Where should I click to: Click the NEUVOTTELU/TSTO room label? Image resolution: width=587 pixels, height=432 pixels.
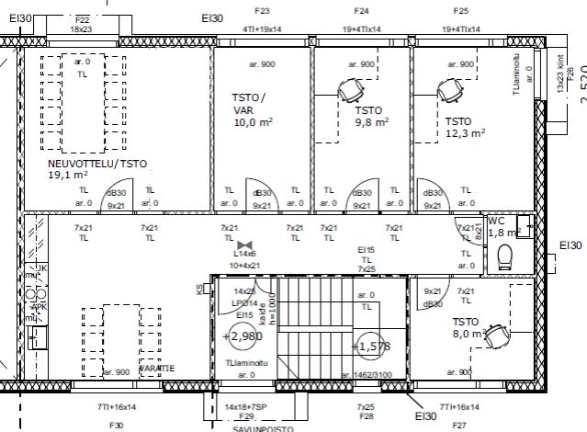pyautogui.click(x=97, y=165)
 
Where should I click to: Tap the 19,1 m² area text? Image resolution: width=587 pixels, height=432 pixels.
pyautogui.click(x=68, y=175)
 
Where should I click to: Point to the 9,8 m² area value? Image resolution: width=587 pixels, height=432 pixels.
pyautogui.click(x=371, y=120)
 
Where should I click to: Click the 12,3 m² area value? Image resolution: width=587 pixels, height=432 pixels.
pyautogui.click(x=464, y=132)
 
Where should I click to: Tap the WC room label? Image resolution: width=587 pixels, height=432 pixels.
pyautogui.click(x=497, y=222)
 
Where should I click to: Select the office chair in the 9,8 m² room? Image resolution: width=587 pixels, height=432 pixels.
pyautogui.click(x=348, y=90)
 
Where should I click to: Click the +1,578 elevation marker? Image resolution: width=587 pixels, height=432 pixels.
pyautogui.click(x=370, y=346)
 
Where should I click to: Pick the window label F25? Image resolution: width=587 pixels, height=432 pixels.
pyautogui.click(x=461, y=11)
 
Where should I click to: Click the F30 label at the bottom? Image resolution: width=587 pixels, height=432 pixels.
pyautogui.click(x=116, y=425)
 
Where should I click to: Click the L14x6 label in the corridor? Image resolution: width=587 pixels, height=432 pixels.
pyautogui.click(x=244, y=253)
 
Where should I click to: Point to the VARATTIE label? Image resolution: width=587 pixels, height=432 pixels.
pyautogui.click(x=156, y=368)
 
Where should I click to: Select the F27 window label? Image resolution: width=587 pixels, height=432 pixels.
pyautogui.click(x=460, y=425)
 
